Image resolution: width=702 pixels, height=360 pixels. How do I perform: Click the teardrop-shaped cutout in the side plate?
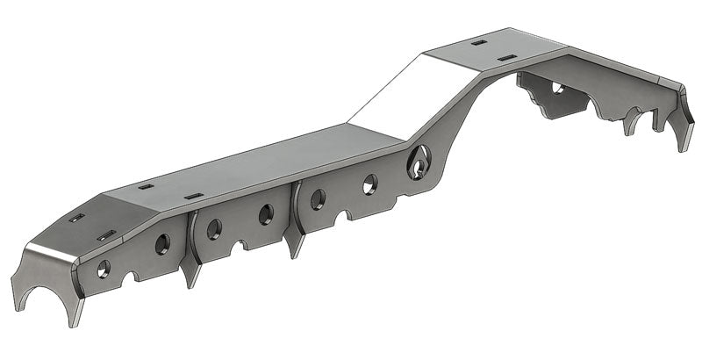(x=419, y=161)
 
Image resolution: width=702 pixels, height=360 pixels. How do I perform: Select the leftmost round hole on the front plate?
(x=104, y=269)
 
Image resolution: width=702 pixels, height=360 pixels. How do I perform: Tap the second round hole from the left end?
(x=162, y=244)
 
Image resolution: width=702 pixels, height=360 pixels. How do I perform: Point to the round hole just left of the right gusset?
(x=265, y=213)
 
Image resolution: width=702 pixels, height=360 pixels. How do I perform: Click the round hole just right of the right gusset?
(x=318, y=198)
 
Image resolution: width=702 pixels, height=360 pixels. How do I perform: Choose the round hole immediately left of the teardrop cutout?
(x=370, y=184)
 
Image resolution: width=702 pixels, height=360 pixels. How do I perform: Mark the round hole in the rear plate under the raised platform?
(x=556, y=87)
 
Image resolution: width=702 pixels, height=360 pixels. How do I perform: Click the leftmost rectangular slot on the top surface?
(x=78, y=217)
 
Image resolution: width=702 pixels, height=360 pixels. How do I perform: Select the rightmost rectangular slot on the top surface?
(x=505, y=58)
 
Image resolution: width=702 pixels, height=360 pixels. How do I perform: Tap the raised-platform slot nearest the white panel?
(x=478, y=41)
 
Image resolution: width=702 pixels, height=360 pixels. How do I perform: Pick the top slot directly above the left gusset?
(x=194, y=196)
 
